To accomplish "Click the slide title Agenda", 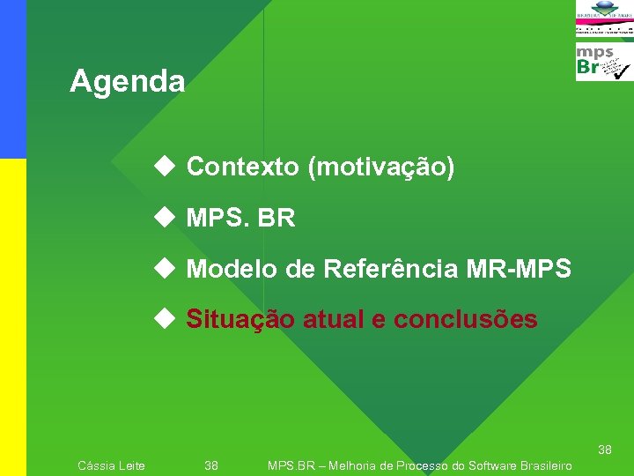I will [x=128, y=82].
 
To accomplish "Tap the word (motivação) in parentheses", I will [x=380, y=167].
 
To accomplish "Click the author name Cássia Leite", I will [x=112, y=465].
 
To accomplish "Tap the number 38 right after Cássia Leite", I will [x=211, y=465].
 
